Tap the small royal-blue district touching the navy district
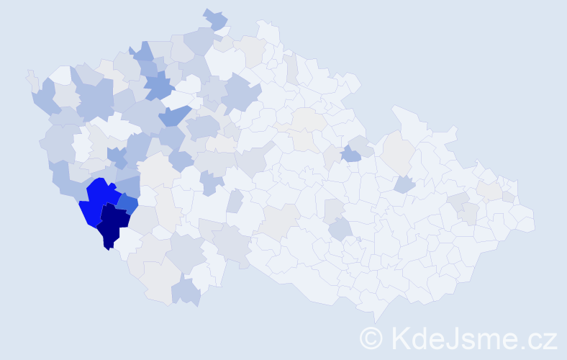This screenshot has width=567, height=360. point(128,204)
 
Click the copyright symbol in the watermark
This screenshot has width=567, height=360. point(371,338)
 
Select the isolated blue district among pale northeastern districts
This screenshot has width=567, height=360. point(350,153)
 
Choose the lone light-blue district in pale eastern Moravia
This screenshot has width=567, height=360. point(404,184)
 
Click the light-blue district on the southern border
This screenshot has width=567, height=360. point(186,291)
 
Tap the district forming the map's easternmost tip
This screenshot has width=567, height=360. point(526,219)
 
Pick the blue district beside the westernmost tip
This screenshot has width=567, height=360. point(45,96)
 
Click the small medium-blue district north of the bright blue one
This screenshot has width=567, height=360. point(117,155)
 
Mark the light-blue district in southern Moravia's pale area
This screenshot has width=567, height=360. point(341,230)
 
